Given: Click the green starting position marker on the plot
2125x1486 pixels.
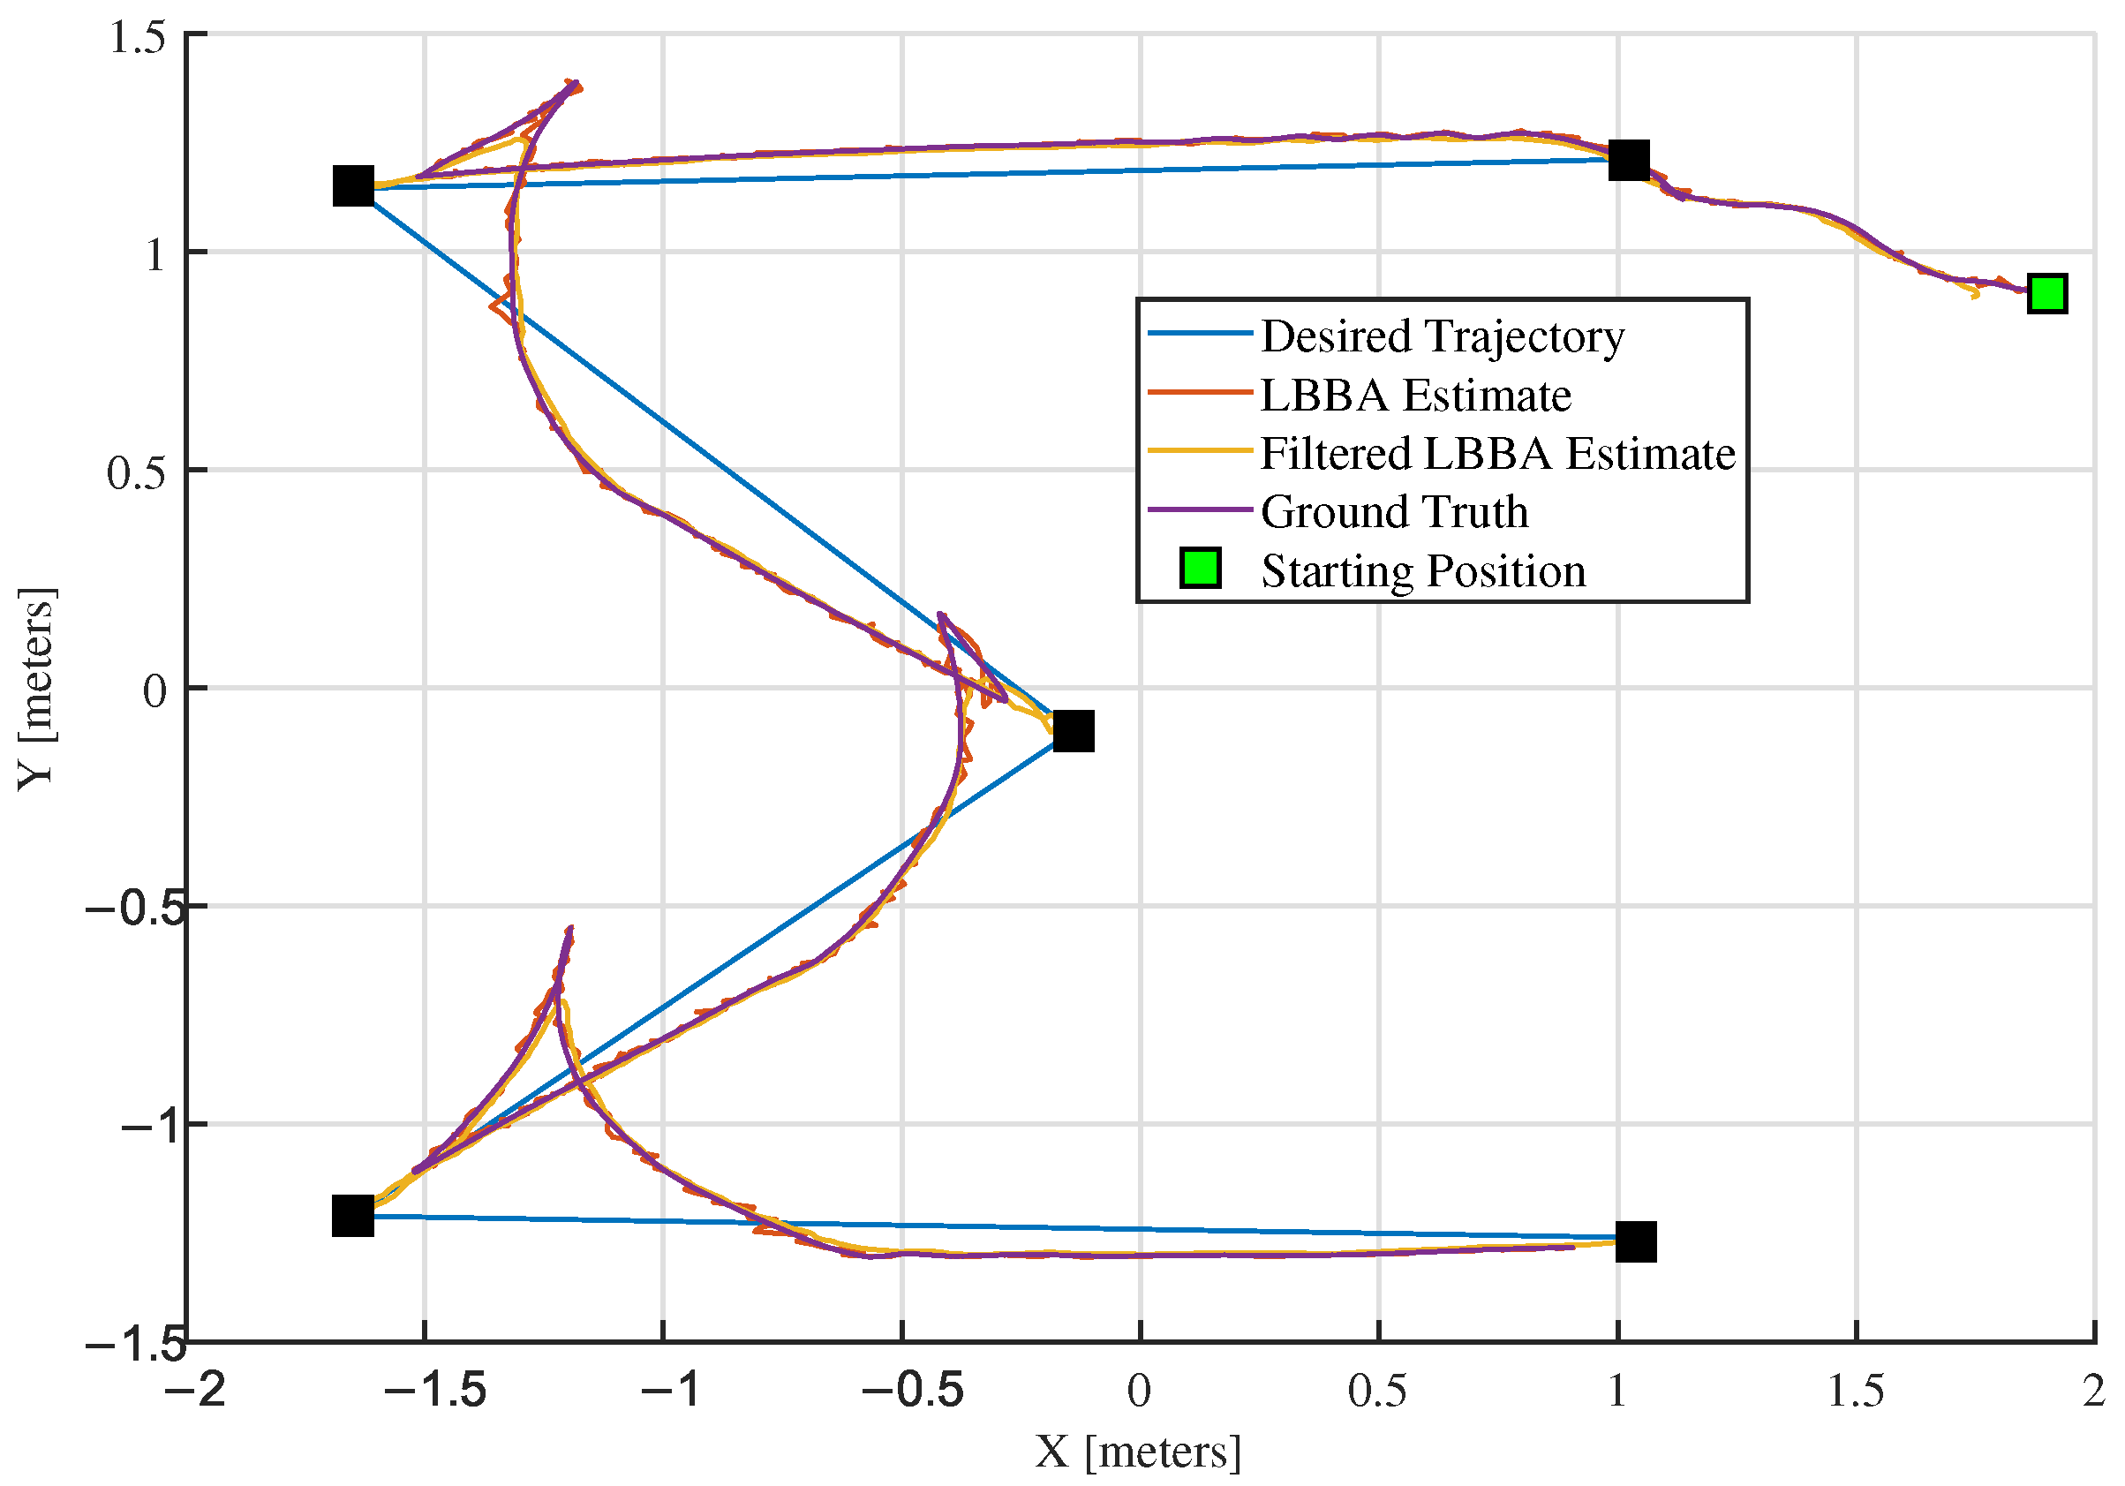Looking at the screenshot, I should [x=2046, y=293].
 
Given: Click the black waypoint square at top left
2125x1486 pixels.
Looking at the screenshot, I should [x=352, y=186].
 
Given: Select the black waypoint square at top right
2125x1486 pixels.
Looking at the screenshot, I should [x=1628, y=160].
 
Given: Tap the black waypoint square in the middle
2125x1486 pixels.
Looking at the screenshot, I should [x=1073, y=731].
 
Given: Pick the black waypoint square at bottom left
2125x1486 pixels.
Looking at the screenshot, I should [x=352, y=1216].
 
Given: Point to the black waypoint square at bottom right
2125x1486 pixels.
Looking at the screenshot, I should [x=1635, y=1241].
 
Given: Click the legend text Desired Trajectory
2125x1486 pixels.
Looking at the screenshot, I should [x=1441, y=336].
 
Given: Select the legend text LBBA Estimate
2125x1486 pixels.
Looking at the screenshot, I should [x=1415, y=396].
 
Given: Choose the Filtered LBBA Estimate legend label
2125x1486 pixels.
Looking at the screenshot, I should [x=1496, y=454].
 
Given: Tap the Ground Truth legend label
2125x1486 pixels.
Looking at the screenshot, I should [x=1393, y=512].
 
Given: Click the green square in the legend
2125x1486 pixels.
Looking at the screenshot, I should [x=1201, y=568].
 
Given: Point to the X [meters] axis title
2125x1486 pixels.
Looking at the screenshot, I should [x=1137, y=1452].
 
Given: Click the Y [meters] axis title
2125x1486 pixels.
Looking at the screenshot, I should [x=37, y=688].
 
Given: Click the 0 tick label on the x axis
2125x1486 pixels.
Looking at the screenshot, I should [x=1140, y=1391].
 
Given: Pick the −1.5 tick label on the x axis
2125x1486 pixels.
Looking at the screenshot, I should [x=435, y=1391].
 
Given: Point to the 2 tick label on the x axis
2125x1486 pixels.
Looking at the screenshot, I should [x=2093, y=1391].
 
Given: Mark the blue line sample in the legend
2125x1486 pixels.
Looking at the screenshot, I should [x=1199, y=332].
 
